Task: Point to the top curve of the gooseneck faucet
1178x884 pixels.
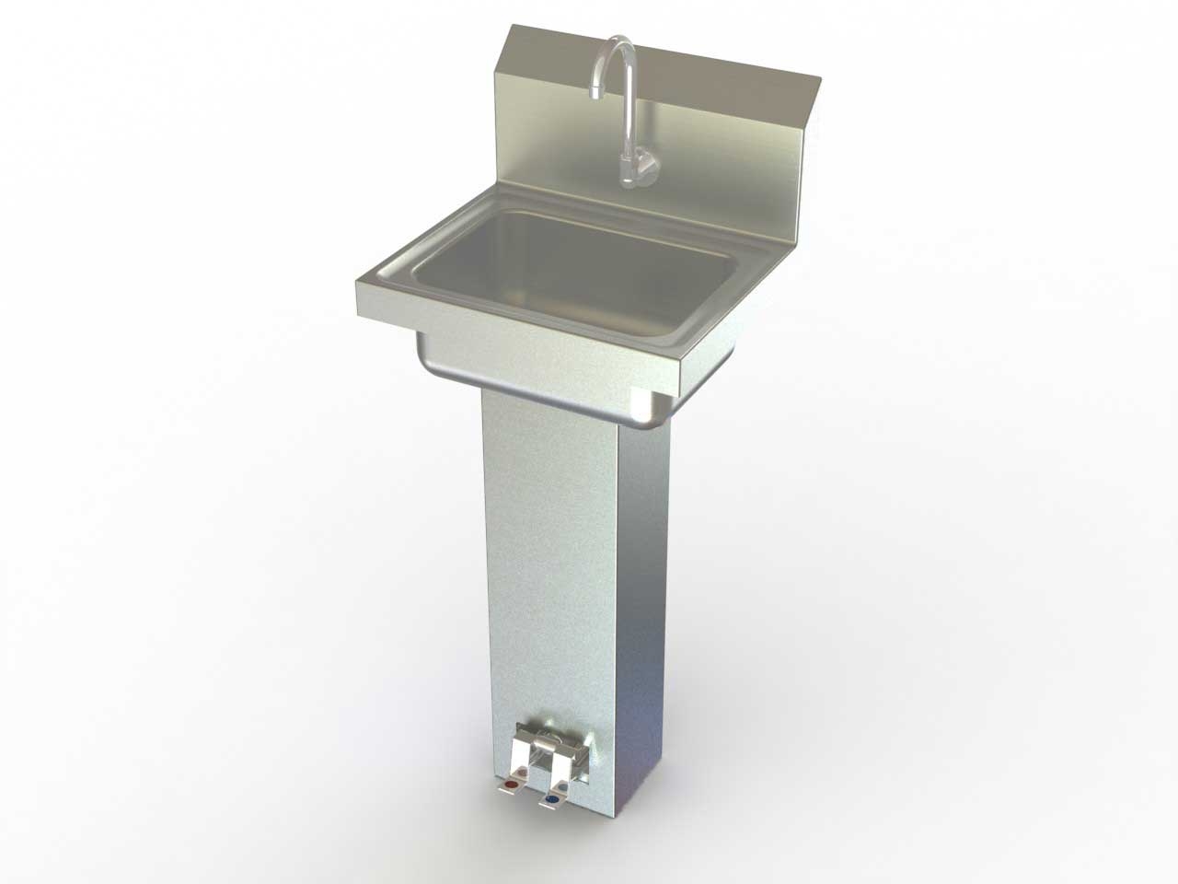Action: (x=618, y=43)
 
